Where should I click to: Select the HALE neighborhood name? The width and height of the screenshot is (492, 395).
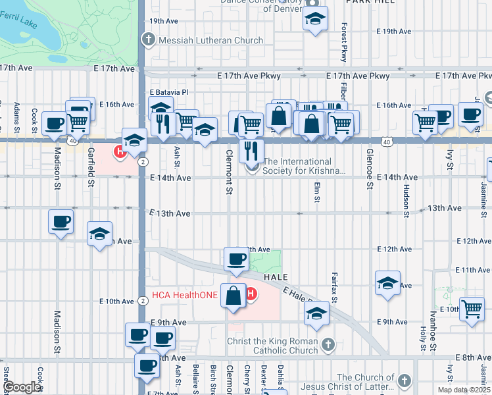point(277,278)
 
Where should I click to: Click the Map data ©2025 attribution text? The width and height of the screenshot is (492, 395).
point(464,390)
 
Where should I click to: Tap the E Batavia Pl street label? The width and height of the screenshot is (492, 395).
point(169,92)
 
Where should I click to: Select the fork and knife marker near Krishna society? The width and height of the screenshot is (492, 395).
point(251,150)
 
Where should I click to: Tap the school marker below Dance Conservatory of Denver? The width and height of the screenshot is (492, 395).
point(315,19)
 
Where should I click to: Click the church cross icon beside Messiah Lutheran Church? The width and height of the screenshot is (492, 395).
point(148,40)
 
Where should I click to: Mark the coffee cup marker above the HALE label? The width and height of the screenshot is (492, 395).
point(236,258)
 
